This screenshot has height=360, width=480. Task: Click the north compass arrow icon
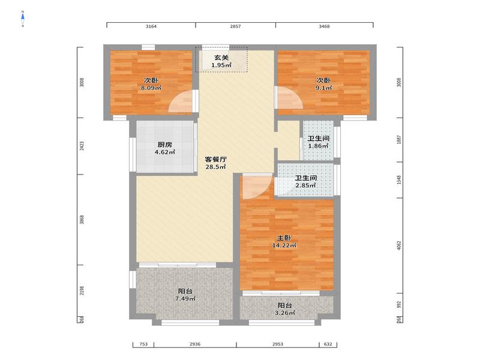[x=23, y=19]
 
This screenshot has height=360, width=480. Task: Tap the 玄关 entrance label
[x=221, y=58]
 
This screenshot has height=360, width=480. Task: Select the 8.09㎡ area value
[x=151, y=88]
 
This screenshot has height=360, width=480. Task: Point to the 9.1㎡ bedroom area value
[x=323, y=88]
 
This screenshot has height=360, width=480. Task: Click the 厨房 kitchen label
[x=164, y=145]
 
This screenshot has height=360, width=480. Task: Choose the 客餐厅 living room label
[x=216, y=159]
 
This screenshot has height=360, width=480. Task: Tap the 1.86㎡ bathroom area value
[x=319, y=146]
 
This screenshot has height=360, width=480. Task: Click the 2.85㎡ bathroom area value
[x=305, y=185]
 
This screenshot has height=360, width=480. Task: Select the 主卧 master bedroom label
[x=284, y=238]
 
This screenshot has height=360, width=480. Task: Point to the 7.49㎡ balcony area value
[x=185, y=298]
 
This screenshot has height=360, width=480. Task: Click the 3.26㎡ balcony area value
[x=284, y=313]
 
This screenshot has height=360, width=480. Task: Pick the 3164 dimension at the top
[x=151, y=26]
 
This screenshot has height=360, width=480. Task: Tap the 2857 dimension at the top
[x=235, y=26]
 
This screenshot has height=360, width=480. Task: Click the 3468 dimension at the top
[x=324, y=26]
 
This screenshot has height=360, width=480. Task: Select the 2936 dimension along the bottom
[x=195, y=344]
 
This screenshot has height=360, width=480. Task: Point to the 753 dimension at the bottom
[x=143, y=344]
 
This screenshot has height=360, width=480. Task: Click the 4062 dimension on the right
[x=398, y=245]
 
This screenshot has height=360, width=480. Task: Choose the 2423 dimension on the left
[x=82, y=146]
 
